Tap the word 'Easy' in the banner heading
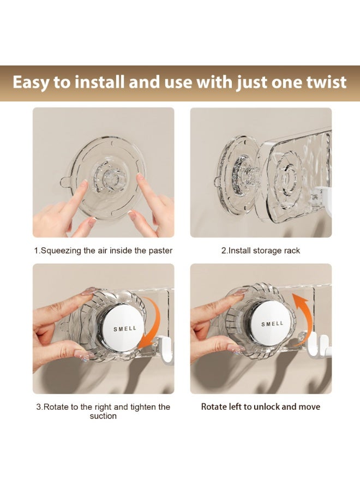[32, 82]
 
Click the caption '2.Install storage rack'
[260, 250]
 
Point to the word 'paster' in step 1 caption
[160, 250]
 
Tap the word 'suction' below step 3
[103, 416]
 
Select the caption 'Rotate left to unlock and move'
[260, 407]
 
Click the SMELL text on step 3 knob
[125, 329]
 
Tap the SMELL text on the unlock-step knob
[272, 324]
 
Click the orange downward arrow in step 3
[151, 327]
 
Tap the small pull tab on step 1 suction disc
[67, 181]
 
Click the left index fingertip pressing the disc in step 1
[84, 184]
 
